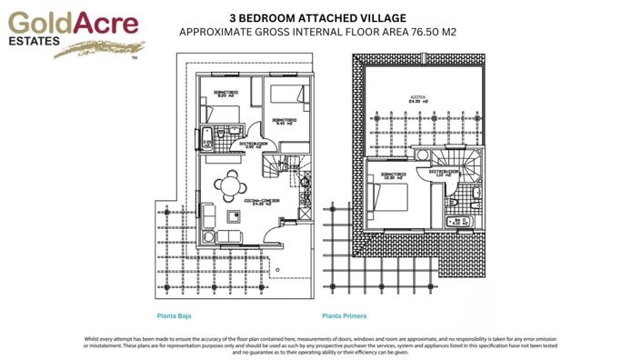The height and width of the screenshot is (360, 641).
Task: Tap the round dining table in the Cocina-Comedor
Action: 226,187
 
